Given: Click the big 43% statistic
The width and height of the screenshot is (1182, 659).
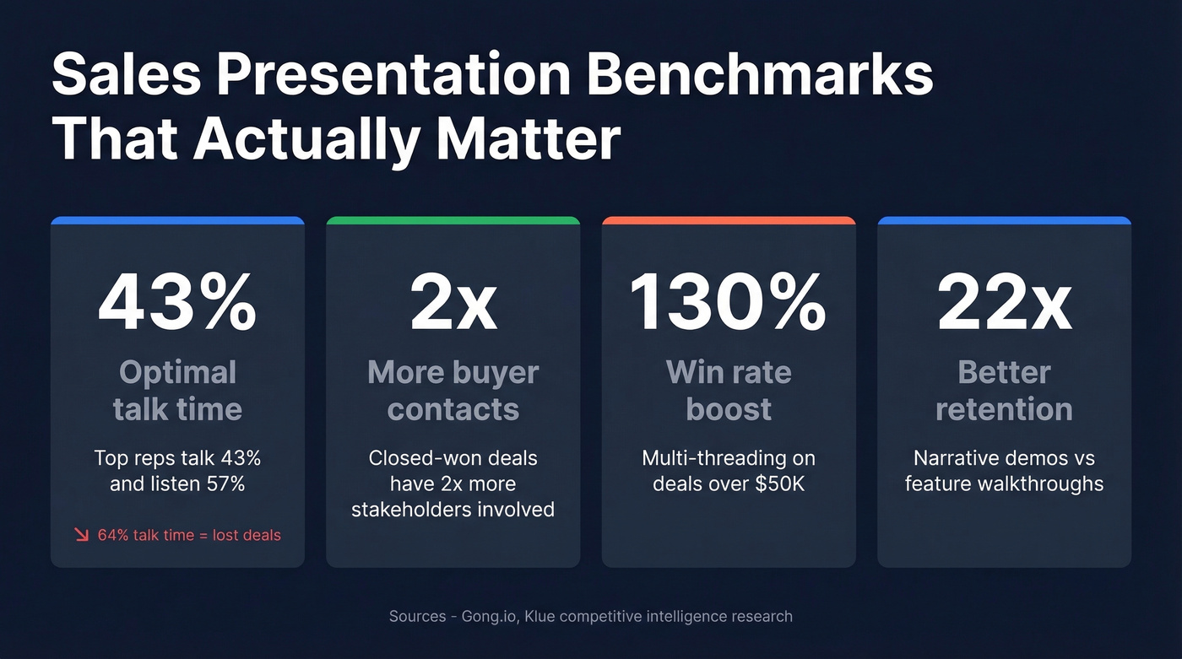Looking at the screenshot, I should coord(177,303).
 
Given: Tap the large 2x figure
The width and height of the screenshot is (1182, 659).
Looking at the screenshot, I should coord(453,303).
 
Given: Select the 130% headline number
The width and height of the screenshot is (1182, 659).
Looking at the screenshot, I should coord(729,303).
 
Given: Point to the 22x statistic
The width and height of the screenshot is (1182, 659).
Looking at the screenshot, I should coord(1005,303).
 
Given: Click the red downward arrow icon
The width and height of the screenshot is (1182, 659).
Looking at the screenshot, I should coord(82,534).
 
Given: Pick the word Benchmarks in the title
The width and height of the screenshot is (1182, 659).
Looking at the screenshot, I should coord(760,76).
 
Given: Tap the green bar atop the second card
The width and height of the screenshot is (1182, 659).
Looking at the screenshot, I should coord(453,221).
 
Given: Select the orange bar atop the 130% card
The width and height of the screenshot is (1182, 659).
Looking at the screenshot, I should coord(729,221).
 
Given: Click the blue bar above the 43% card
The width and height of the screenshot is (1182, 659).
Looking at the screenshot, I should coord(177,221).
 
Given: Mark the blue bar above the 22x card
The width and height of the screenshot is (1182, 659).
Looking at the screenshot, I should coord(1005,221).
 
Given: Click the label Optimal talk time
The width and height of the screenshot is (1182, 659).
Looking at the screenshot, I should coord(177,391).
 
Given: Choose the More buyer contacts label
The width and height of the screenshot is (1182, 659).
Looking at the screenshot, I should coord(453,391).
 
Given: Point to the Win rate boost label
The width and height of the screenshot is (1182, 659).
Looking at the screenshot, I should coord(729,391).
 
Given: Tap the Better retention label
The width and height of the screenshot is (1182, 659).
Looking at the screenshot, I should coord(1005,391).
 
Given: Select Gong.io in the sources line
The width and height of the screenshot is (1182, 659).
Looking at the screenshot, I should coord(487,616).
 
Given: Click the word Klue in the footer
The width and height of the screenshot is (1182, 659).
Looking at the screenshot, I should coord(540,616).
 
